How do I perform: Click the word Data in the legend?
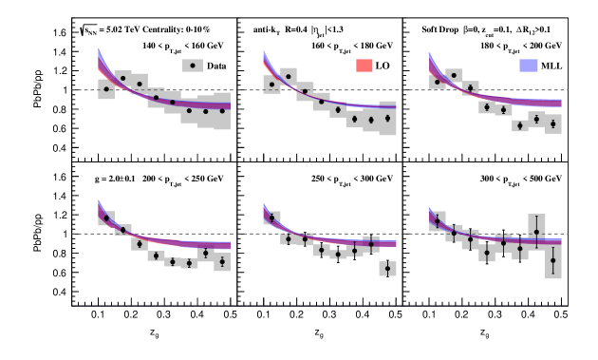coord(216,66)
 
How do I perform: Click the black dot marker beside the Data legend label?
coord(193,66)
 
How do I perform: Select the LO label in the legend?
coord(383,66)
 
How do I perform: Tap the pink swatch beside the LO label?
coord(364,66)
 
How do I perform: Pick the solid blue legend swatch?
coord(529,65)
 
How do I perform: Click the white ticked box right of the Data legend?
coord(267,65)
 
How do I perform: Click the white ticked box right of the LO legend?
coord(423,65)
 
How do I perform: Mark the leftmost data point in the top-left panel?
coord(106,88)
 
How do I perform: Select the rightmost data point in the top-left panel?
coord(222,111)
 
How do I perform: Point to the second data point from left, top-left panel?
coord(122,78)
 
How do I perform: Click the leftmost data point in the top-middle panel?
coord(271,85)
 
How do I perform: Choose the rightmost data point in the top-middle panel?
coord(387,119)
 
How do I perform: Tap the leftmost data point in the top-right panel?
coord(438,83)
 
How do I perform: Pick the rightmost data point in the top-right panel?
coord(553,123)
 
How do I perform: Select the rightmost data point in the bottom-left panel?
coord(222,261)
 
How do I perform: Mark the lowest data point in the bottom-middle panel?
coord(387,269)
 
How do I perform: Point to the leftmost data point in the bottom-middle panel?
coord(271,218)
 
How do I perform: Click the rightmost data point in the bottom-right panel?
coord(553,260)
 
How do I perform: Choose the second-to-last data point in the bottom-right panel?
coord(536,232)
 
